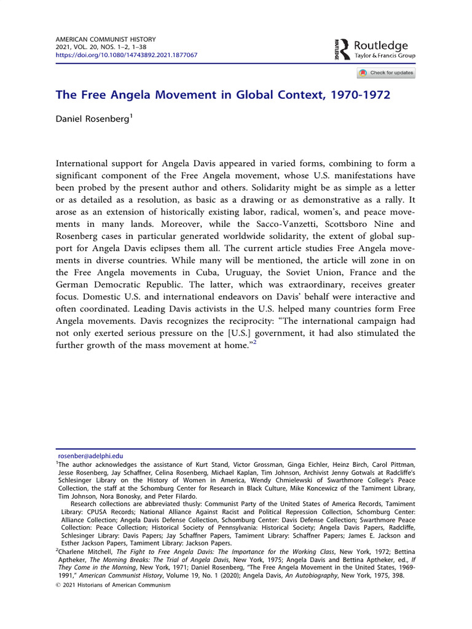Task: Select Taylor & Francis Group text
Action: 385,55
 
